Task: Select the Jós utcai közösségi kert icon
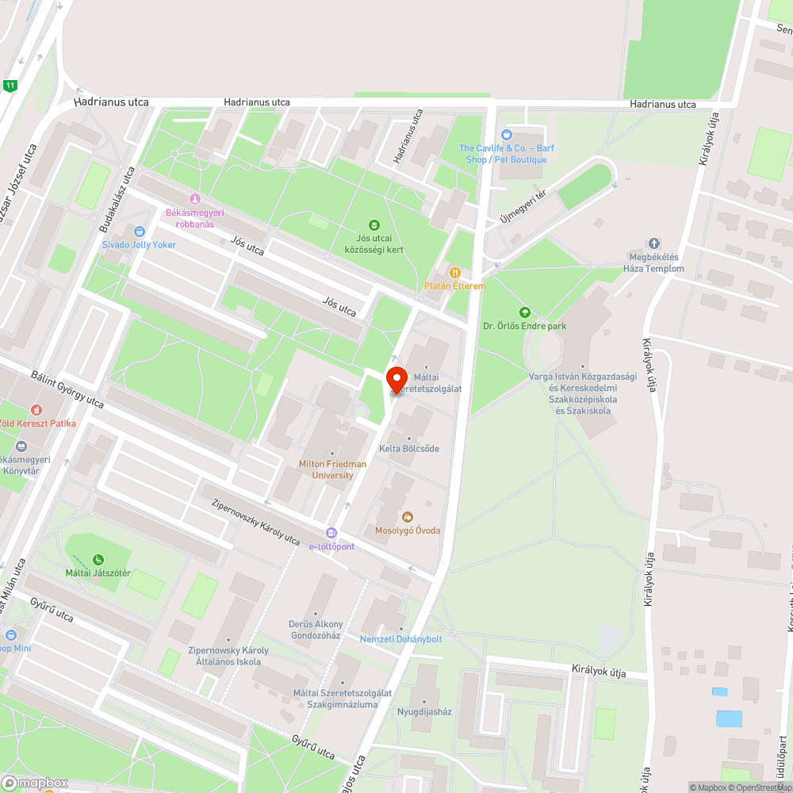tap(375, 225)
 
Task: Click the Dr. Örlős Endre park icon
tap(523, 312)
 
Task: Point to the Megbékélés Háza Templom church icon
tap(654, 243)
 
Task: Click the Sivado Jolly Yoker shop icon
tap(140, 232)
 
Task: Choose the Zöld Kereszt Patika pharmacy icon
tap(36, 410)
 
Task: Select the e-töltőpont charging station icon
tap(331, 534)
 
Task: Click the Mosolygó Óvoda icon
tap(408, 517)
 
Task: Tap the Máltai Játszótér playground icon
tap(98, 560)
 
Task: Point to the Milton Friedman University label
tap(332, 469)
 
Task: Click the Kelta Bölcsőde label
tap(409, 449)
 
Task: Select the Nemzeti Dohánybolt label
tap(401, 639)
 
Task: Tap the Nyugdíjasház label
tap(424, 711)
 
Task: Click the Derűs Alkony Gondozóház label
tap(316, 630)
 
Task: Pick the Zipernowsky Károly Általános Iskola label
tap(228, 656)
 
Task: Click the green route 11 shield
tap(10, 86)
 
